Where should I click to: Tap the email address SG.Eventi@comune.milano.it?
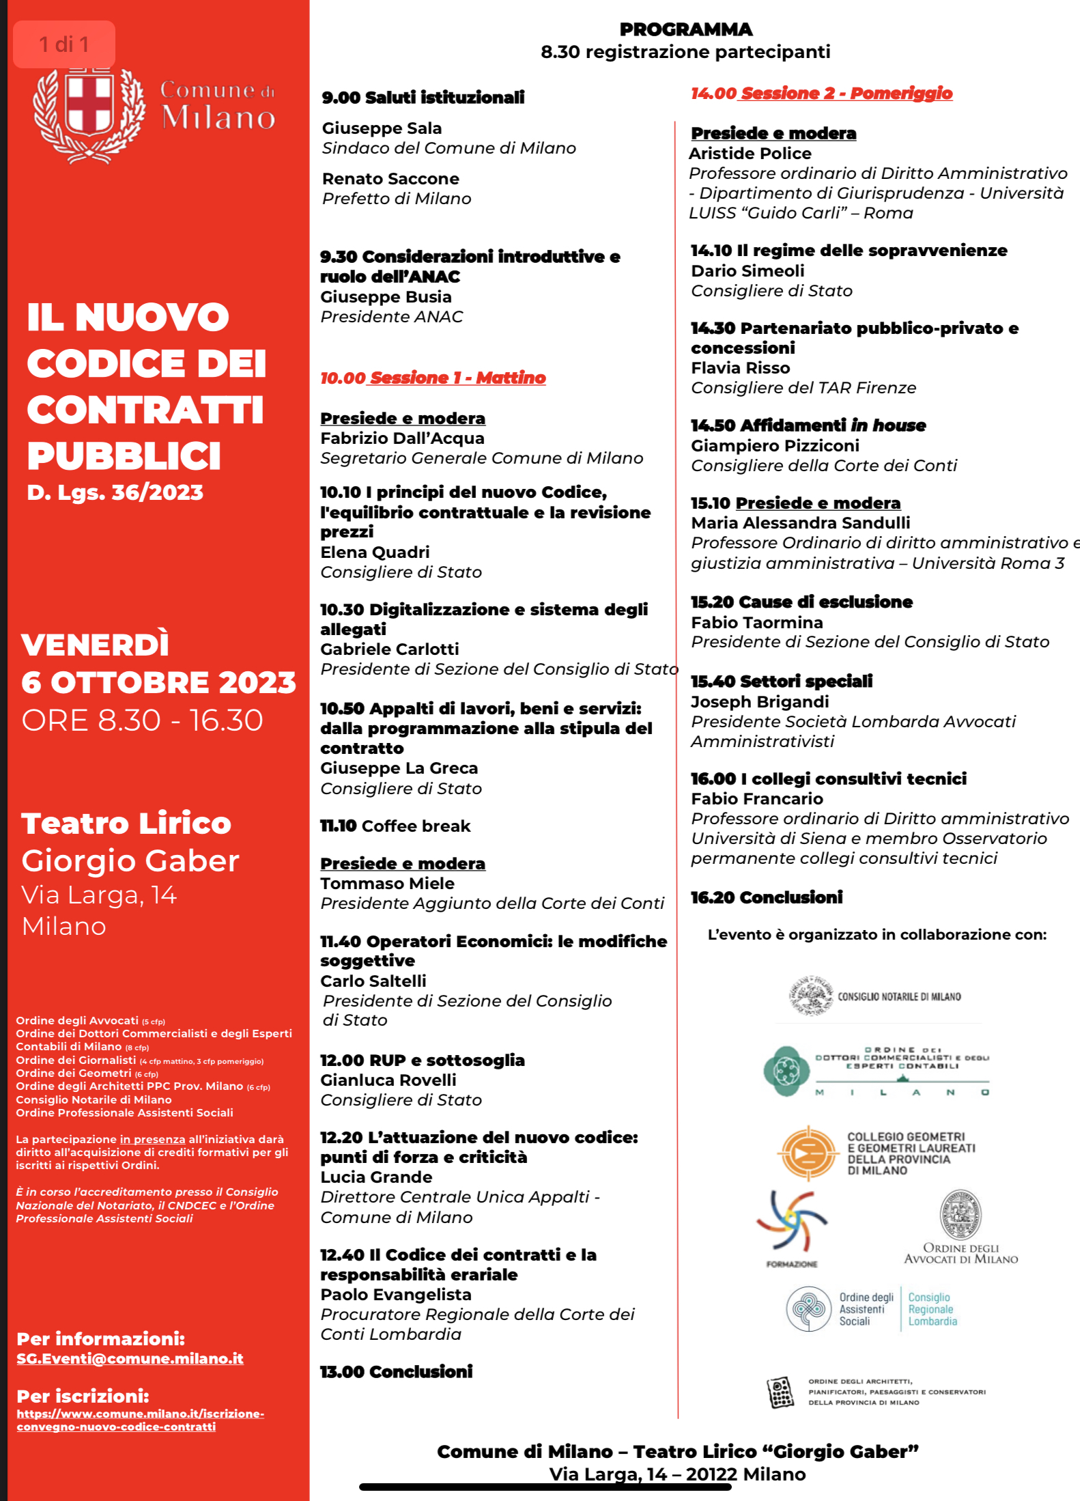[130, 1358]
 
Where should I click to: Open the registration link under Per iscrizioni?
[140, 1420]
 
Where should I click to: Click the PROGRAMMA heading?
[685, 29]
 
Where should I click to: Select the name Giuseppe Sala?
[382, 128]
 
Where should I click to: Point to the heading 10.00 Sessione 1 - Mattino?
[433, 378]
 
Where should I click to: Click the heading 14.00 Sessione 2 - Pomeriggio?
[821, 94]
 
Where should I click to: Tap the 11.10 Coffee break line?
[395, 826]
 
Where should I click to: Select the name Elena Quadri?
[375, 552]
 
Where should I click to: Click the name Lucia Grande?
[376, 1177]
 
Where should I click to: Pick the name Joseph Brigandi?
[760, 701]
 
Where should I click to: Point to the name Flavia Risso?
[740, 368]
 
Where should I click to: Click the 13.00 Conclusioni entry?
[396, 1371]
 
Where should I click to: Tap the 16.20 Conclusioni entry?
[767, 897]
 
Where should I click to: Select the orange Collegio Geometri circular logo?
[808, 1153]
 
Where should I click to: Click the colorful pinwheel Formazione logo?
[792, 1222]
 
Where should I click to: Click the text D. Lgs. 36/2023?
[115, 492]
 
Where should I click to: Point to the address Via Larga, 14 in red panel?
[99, 895]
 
